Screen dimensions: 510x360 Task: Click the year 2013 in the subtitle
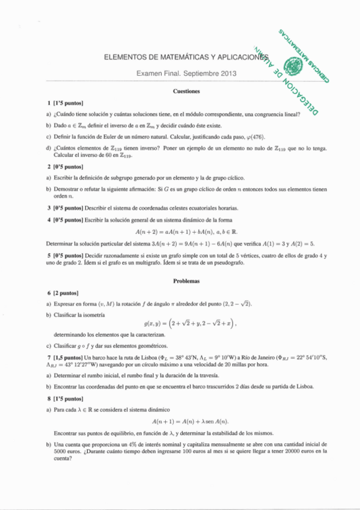227,74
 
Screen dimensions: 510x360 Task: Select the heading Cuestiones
186,91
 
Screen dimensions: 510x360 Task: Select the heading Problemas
186,281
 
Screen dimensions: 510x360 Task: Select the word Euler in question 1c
94,137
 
